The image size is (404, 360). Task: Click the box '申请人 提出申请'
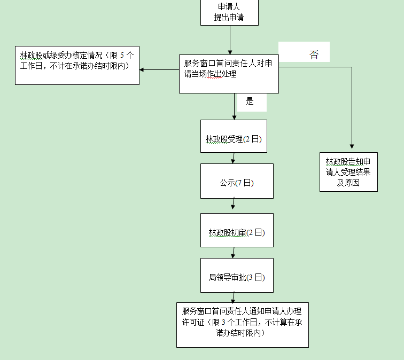click(229, 12)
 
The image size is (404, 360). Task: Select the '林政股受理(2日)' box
click(233, 139)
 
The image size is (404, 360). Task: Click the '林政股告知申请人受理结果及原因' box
click(348, 172)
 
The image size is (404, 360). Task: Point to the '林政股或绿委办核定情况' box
click(77, 65)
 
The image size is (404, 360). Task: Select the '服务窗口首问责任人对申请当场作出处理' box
click(229, 73)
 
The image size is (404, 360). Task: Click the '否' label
click(314, 55)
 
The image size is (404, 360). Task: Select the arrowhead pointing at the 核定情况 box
click(143, 69)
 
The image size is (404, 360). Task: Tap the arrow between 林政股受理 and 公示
click(234, 159)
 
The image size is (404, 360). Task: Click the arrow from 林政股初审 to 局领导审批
click(234, 253)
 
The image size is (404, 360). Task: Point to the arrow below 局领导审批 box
click(234, 298)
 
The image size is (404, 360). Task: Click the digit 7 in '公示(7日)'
click(240, 183)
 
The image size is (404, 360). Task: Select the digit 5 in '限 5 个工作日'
click(122, 55)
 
